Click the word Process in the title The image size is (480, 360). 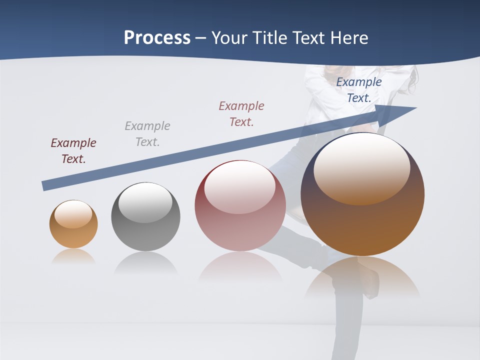coord(157,38)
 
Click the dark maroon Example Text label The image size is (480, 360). coord(73,151)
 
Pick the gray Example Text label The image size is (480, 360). coord(147,134)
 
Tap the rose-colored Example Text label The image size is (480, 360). coord(241,114)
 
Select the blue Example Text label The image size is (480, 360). coord(359,90)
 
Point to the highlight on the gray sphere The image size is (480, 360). coord(145,202)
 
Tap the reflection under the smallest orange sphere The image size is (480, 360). coord(73,256)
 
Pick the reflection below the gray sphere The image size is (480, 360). coord(145,262)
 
